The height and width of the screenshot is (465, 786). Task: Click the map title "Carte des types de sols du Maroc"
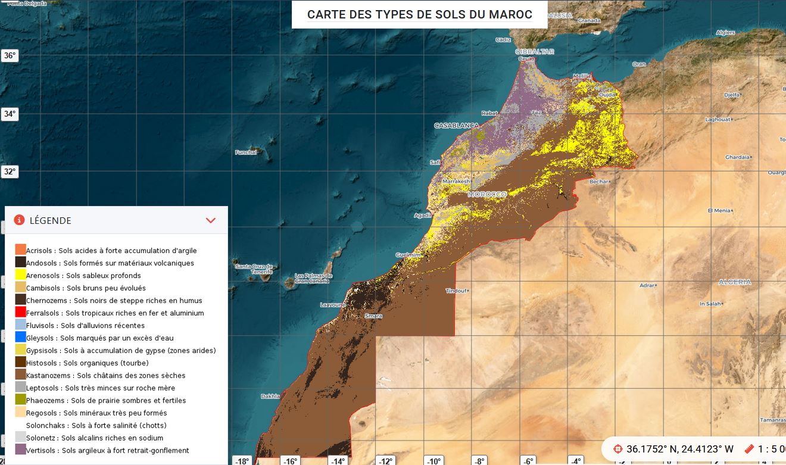419,14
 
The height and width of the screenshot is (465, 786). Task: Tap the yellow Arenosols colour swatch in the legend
21,274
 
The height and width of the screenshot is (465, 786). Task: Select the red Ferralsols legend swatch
21,312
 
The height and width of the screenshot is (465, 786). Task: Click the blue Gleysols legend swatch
21,337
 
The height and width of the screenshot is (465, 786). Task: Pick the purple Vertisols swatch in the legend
21,450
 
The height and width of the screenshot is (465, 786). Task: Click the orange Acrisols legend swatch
21,249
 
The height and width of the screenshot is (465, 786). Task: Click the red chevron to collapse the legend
210,220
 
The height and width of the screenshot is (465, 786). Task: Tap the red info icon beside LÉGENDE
19,220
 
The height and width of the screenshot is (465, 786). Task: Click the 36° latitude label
10,56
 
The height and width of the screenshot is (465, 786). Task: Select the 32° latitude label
10,172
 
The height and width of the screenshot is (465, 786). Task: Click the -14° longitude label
338,461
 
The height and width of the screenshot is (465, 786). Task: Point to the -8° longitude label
479,461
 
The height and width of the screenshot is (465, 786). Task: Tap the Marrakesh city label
456,181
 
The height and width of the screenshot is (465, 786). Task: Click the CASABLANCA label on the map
456,126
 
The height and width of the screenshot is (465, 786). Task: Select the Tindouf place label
457,291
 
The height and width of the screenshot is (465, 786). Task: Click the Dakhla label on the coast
270,396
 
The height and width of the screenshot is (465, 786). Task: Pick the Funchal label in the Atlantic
245,152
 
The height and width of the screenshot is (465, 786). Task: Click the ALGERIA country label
735,282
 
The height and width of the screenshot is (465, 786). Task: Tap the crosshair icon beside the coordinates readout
617,449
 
